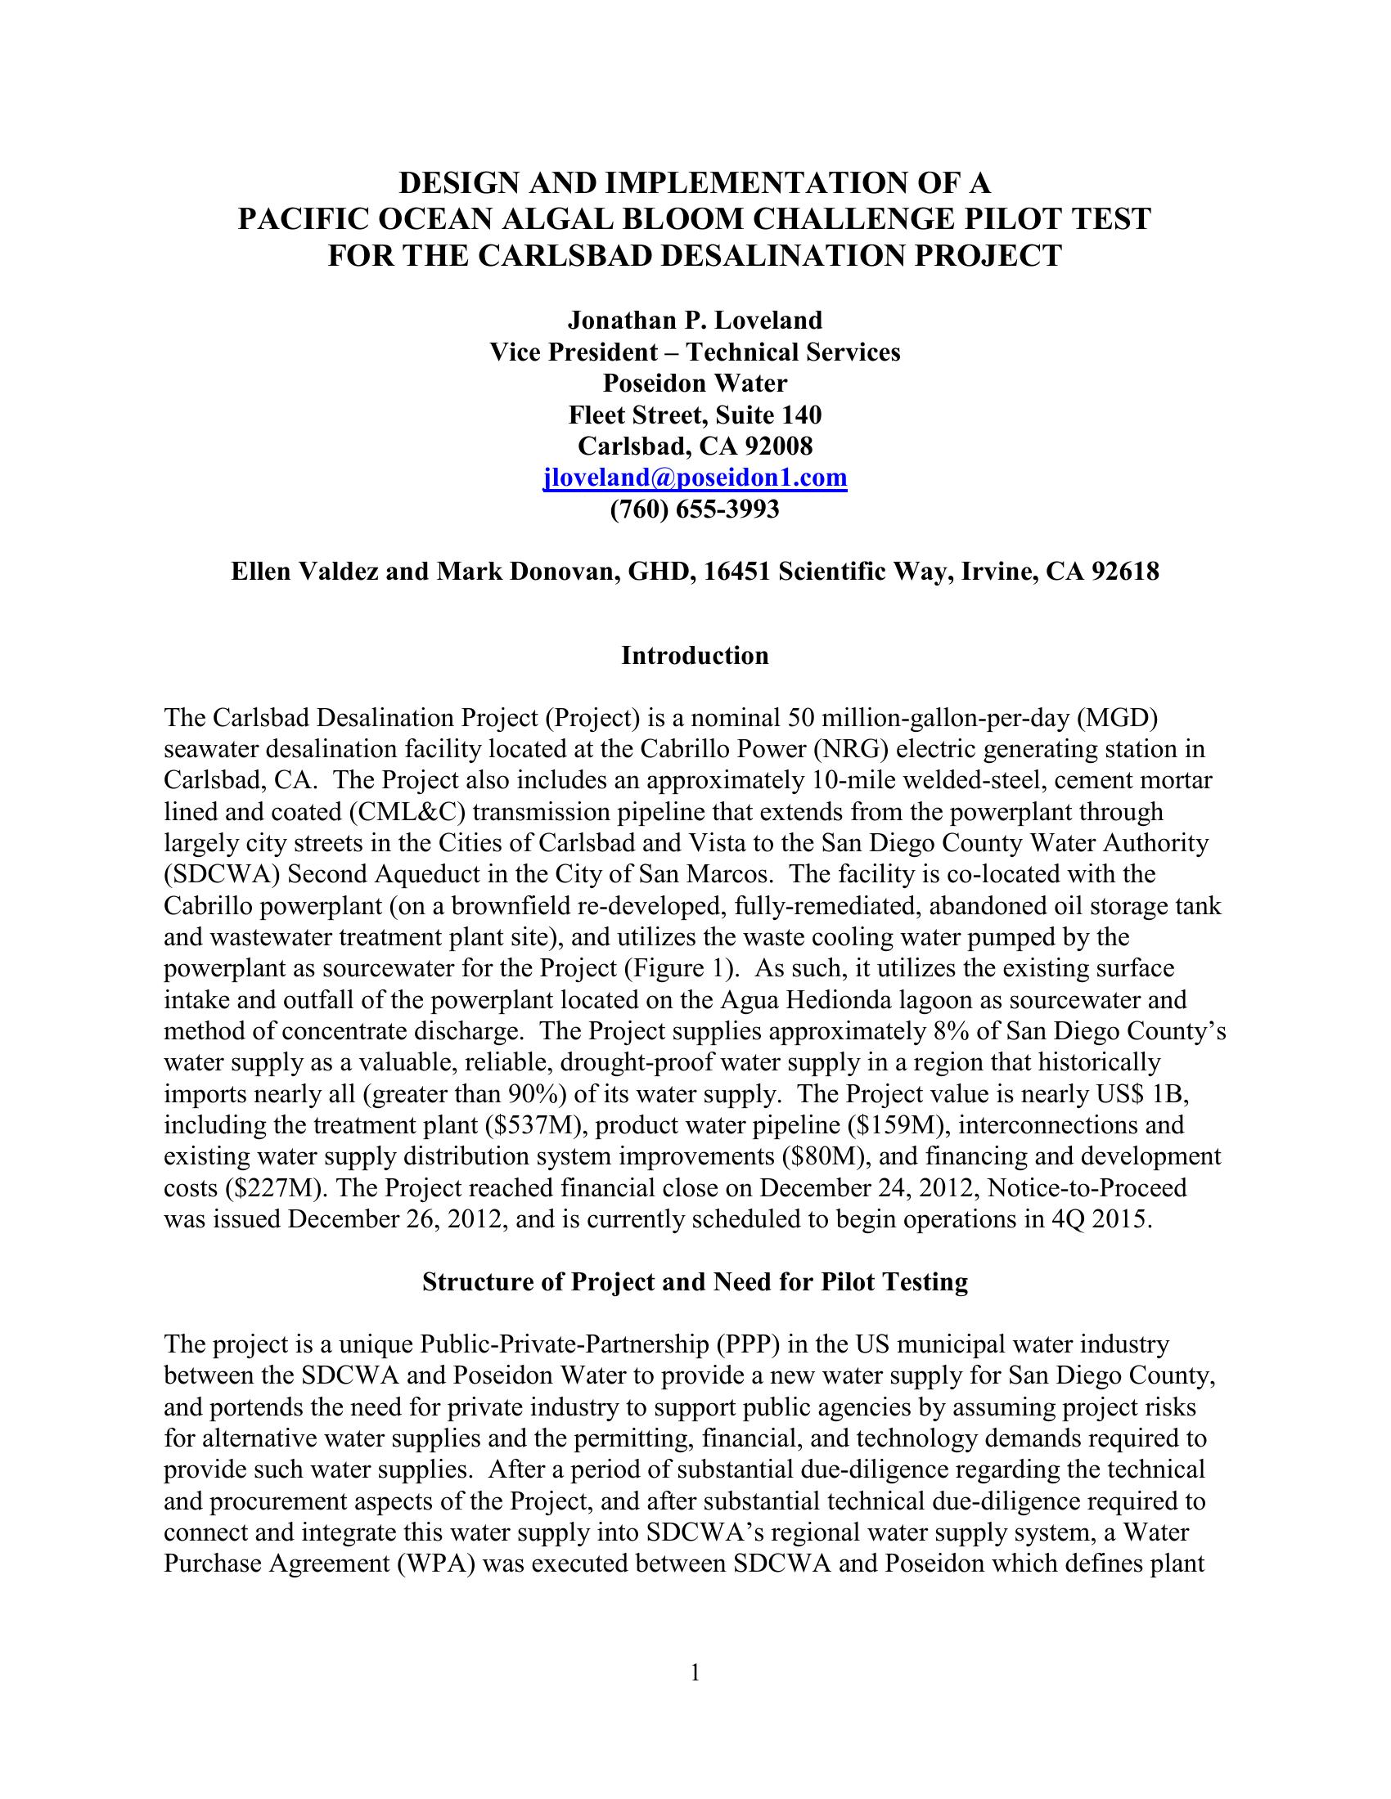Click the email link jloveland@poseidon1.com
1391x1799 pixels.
point(695,478)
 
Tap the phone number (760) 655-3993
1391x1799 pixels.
point(695,510)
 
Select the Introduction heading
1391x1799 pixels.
point(695,656)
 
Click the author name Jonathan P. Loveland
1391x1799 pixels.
point(695,320)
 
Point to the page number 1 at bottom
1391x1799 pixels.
point(695,1673)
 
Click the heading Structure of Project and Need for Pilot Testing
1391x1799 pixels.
point(695,1281)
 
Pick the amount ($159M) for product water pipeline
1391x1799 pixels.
point(889,1125)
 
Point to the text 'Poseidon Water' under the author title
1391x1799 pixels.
point(695,383)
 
